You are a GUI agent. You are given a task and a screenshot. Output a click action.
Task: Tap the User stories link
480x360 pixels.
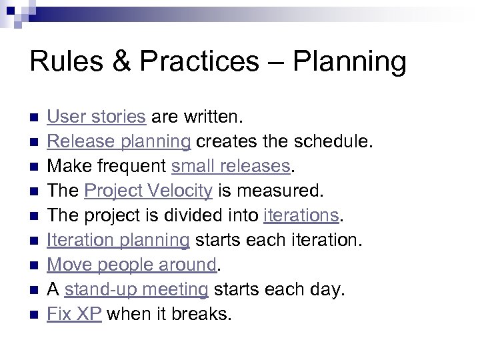pyautogui.click(x=96, y=117)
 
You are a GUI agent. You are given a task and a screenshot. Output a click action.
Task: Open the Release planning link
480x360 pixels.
pyautogui.click(x=119, y=142)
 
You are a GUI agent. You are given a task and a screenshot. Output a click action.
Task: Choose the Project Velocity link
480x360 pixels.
pyautogui.click(x=148, y=191)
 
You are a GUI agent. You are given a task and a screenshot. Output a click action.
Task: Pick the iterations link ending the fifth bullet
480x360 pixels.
pyautogui.click(x=302, y=216)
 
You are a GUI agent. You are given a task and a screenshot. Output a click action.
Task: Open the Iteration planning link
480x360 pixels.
pyautogui.click(x=118, y=241)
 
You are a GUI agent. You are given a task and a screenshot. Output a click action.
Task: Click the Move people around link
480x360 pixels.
pyautogui.click(x=132, y=265)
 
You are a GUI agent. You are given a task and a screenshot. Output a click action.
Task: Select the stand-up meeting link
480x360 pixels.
pyautogui.click(x=136, y=290)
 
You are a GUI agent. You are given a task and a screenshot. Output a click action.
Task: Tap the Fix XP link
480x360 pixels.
pyautogui.click(x=74, y=315)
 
